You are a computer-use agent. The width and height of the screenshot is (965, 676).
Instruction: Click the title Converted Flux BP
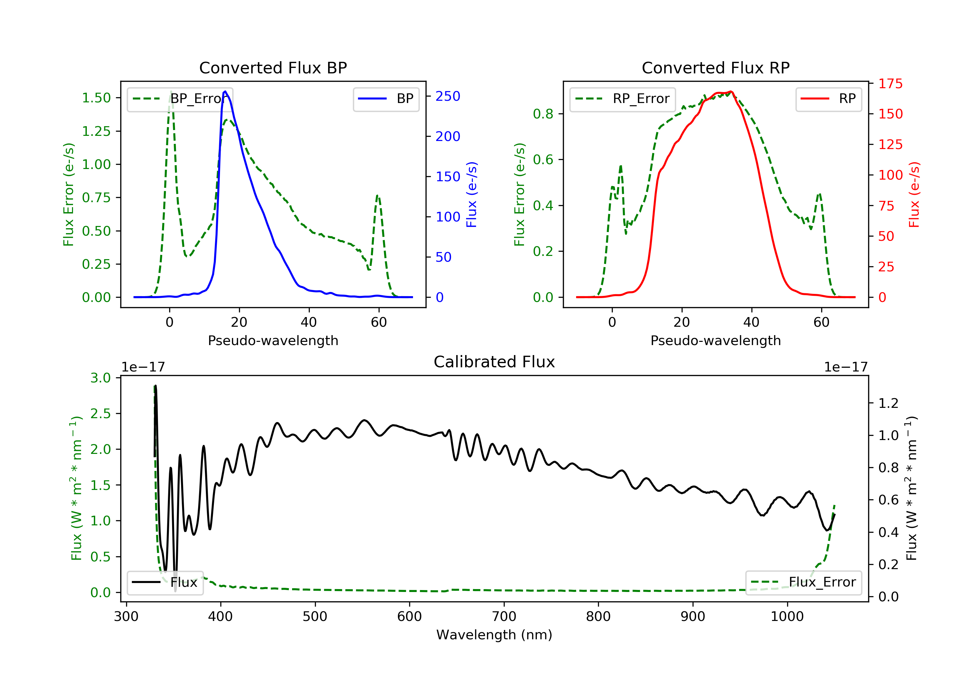click(x=273, y=68)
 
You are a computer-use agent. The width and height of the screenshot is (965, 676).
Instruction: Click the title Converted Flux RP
click(x=715, y=68)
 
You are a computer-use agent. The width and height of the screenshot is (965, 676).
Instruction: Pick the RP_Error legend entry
click(x=622, y=99)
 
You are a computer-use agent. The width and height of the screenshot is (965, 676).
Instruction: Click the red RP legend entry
click(x=828, y=99)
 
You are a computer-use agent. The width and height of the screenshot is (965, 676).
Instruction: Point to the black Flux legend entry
click(x=165, y=582)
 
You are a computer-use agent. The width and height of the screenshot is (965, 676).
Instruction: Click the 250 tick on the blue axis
click(x=448, y=96)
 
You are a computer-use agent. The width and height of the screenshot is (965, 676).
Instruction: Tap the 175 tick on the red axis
click(x=890, y=84)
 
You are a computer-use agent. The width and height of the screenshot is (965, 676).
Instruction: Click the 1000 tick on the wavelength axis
click(x=787, y=617)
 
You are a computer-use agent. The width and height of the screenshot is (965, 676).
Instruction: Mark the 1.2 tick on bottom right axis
click(x=888, y=403)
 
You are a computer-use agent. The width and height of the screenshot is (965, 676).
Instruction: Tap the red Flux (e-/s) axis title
click(x=914, y=194)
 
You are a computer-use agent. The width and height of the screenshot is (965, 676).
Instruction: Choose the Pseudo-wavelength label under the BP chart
click(x=273, y=340)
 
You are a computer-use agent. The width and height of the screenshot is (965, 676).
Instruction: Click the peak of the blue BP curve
click(x=225, y=91)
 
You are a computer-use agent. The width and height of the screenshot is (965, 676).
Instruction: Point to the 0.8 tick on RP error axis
click(x=543, y=114)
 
